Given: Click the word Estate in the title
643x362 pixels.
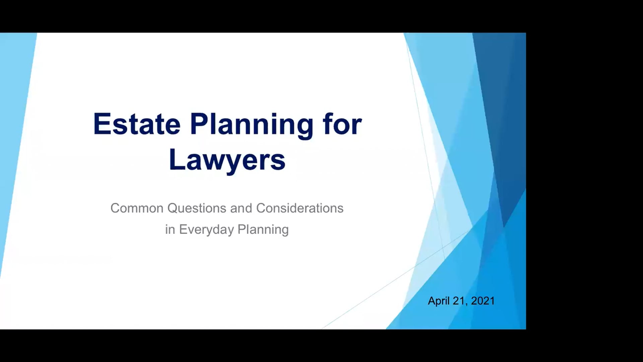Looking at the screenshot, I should (x=137, y=124).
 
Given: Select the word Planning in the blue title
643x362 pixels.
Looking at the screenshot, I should (x=252, y=125).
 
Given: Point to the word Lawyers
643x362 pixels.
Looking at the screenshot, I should (x=227, y=160).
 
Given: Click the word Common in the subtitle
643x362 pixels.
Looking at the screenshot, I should (x=137, y=208).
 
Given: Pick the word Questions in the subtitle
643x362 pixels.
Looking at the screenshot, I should (x=196, y=208).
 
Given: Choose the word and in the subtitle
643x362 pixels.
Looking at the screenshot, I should (x=241, y=208).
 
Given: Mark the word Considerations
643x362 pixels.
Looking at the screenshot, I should (x=300, y=208).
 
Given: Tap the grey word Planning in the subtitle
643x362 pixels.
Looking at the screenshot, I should (x=263, y=230).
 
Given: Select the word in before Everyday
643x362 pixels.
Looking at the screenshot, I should (x=170, y=230).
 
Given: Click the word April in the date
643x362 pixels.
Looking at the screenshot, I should (x=439, y=301).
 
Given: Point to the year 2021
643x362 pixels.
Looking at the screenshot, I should (x=483, y=301).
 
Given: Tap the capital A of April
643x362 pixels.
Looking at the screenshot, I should (x=432, y=301).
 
